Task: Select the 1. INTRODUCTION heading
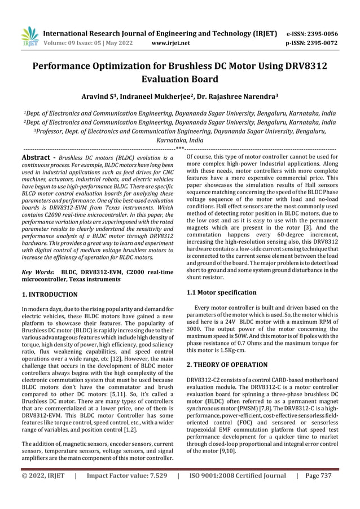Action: [49, 295]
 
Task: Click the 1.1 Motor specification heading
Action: [221, 292]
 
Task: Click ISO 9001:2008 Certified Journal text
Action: [237, 491]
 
